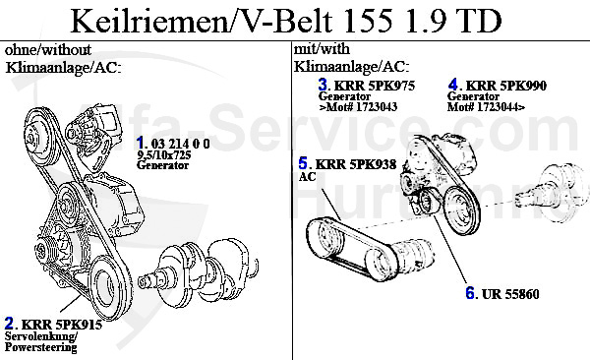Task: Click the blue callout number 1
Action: pos(140,143)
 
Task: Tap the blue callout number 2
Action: pos(9,323)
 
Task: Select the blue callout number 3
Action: pos(323,85)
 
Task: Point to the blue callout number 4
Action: pos(453,85)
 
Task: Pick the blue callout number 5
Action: pos(303,163)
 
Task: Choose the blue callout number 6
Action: pos(470,293)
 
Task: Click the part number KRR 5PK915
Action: pos(62,325)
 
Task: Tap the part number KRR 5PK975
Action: pos(375,86)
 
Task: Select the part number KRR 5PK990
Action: pos(506,86)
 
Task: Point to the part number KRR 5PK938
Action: pos(356,164)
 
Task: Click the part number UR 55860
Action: pos(510,294)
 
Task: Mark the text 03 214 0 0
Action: pos(180,144)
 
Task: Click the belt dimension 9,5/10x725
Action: pos(163,154)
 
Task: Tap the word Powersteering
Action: pos(40,347)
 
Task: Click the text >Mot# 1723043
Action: pos(358,107)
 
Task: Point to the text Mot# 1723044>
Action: pos(486,107)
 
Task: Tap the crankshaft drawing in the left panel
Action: pos(199,269)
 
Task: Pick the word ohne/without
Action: pos(48,49)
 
